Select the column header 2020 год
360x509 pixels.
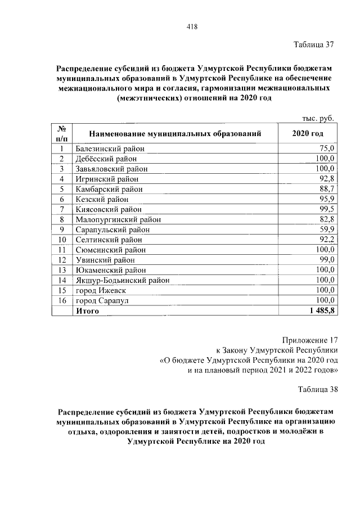[308, 134]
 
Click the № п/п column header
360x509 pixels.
[62, 134]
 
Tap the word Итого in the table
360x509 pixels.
[88, 310]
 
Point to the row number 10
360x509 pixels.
[62, 240]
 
